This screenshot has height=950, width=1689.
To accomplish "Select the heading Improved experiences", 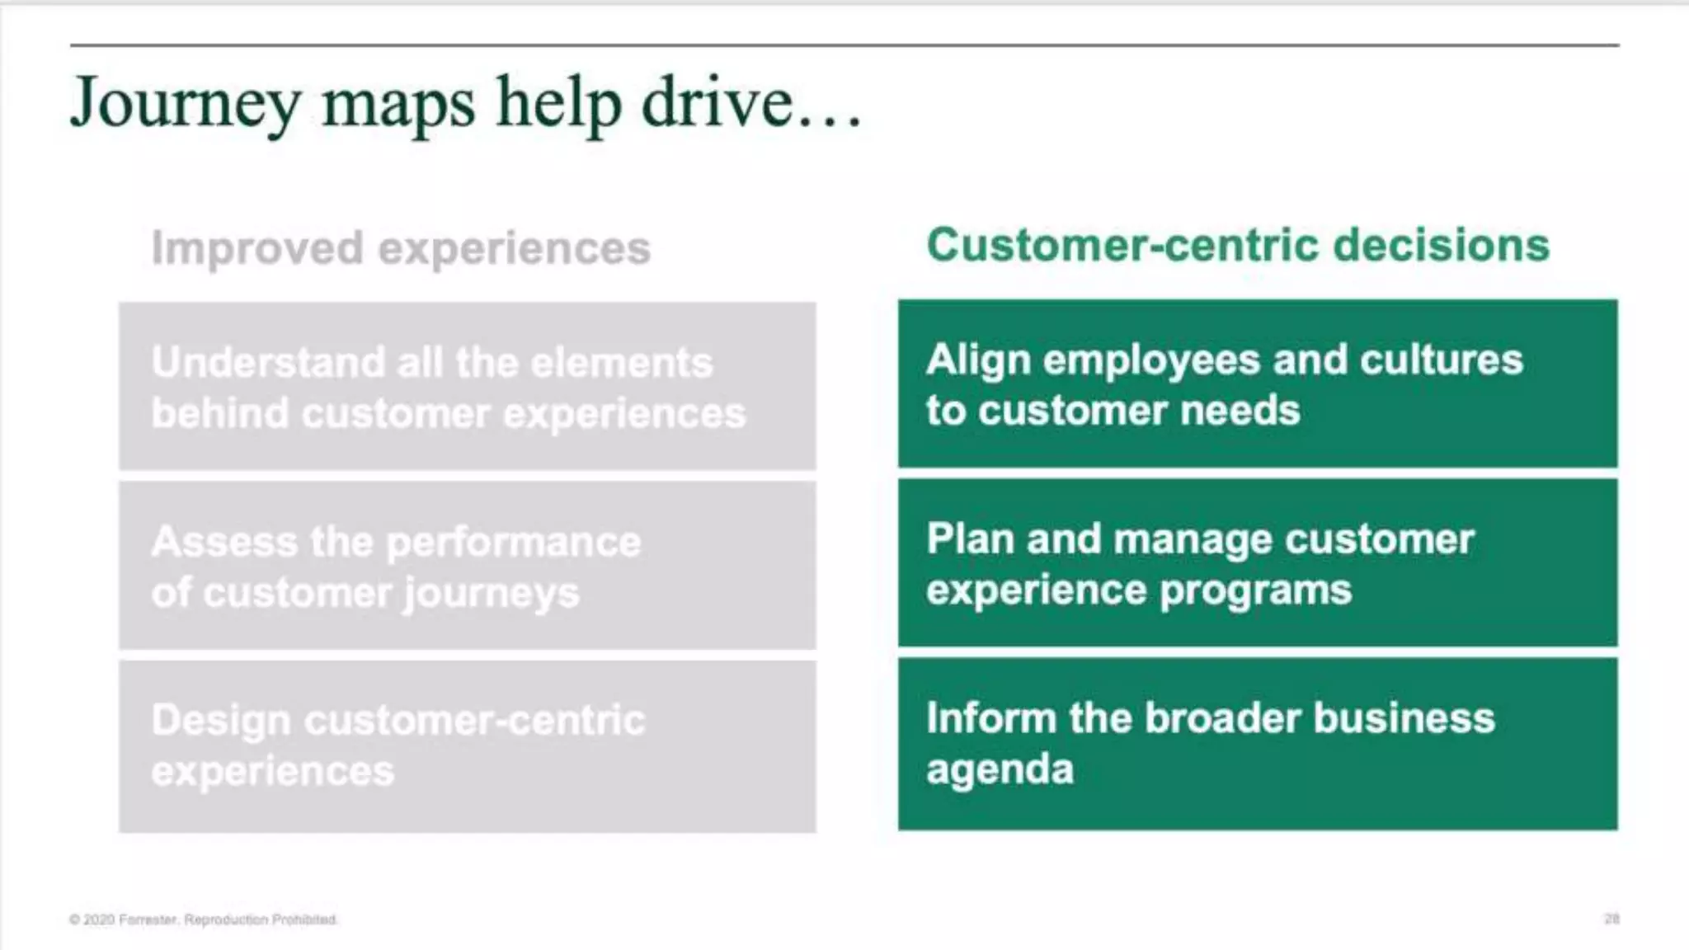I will [x=401, y=248].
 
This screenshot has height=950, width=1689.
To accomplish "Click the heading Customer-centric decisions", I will [x=1238, y=245].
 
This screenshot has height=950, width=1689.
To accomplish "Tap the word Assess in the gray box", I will [x=224, y=542].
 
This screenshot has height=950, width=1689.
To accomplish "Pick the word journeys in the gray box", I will [x=491, y=594].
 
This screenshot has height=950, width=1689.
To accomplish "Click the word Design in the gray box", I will [x=220, y=721].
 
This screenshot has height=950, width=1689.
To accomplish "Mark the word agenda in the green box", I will [x=1000, y=770].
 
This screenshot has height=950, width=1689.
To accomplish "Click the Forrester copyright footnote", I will [x=204, y=919].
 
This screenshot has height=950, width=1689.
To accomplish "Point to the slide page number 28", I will [x=1611, y=919].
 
